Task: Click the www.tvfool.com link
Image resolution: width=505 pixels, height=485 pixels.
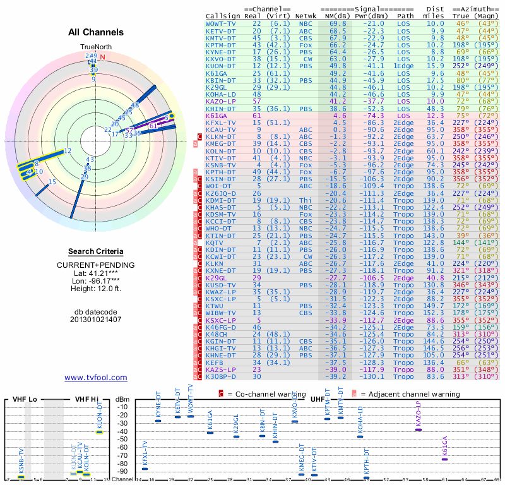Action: click(x=96, y=378)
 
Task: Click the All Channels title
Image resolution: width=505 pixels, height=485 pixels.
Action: click(x=96, y=32)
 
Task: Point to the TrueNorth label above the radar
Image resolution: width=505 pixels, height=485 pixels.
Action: click(x=95, y=47)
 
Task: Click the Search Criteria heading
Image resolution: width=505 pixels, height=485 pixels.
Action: click(x=96, y=251)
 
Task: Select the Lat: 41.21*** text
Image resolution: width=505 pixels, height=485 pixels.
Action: click(x=96, y=273)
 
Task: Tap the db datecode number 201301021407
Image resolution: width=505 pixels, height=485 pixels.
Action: click(x=96, y=320)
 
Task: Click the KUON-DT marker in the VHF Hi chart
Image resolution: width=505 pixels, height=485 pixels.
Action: click(x=99, y=432)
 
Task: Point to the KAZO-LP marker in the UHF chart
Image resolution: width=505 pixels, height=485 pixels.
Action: click(x=418, y=429)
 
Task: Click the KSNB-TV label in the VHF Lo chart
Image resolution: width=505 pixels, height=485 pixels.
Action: click(x=21, y=462)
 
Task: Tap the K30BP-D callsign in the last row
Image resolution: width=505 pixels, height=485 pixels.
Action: click(x=221, y=376)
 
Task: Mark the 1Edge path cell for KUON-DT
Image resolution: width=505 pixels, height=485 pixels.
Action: click(x=405, y=66)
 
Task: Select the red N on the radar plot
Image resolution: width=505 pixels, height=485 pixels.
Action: click(x=102, y=57)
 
